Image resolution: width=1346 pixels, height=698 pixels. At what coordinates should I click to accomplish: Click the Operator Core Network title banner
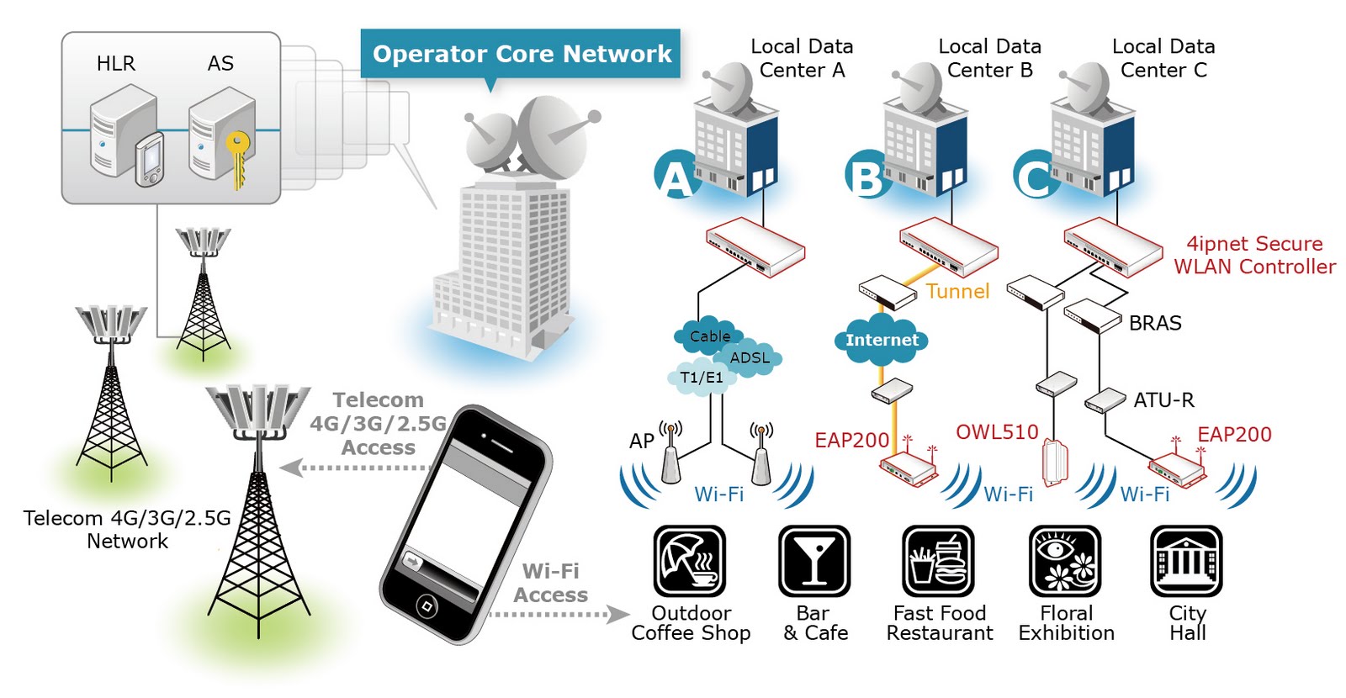[x=521, y=54]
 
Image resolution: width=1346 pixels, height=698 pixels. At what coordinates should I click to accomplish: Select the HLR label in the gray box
[x=115, y=64]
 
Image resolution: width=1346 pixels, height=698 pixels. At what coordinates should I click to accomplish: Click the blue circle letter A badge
[x=676, y=175]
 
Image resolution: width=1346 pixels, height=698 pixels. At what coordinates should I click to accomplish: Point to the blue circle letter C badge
[x=1034, y=175]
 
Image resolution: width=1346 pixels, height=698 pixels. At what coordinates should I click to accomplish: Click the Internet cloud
[x=882, y=340]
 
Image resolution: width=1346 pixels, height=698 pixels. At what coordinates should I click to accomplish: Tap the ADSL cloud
[x=750, y=358]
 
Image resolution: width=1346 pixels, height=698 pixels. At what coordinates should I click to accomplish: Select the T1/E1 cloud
[x=701, y=378]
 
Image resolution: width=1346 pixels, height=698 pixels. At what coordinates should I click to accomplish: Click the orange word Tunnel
[x=957, y=292]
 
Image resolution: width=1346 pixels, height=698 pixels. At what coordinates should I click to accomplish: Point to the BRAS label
[x=1155, y=324]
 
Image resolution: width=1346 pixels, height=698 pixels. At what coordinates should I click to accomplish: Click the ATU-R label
[x=1163, y=400]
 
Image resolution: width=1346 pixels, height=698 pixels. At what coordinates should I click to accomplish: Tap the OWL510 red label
[x=997, y=432]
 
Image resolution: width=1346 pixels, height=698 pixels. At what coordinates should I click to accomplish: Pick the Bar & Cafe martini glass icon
[x=813, y=561]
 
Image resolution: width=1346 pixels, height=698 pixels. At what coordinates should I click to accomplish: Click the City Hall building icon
[x=1186, y=561]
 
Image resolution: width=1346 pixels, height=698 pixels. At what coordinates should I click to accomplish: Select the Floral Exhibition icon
[x=1065, y=561]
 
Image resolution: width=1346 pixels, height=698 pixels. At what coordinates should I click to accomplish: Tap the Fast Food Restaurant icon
[x=938, y=561]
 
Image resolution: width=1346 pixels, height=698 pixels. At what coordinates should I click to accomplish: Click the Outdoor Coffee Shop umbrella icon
[x=690, y=561]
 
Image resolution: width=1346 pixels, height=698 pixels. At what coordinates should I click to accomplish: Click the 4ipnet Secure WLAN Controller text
[x=1254, y=256]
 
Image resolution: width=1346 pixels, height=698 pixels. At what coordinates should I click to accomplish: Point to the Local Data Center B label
[x=989, y=58]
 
